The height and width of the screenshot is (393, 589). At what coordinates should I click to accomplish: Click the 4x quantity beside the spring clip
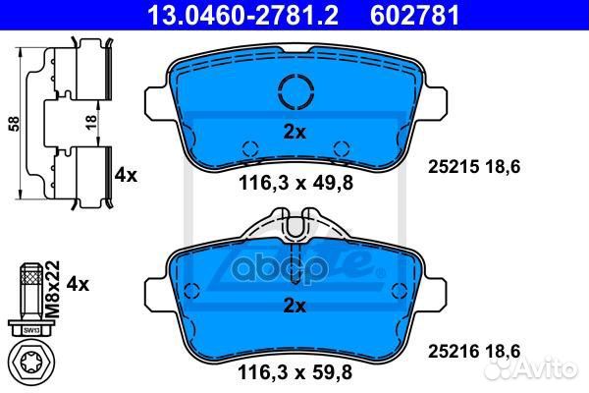125,175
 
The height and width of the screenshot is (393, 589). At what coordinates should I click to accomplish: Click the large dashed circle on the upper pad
296,92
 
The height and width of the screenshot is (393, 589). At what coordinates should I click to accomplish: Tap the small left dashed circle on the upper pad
250,149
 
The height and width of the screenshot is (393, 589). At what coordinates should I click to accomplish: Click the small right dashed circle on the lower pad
400,290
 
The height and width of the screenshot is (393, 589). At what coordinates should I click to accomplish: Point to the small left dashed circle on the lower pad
193,290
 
